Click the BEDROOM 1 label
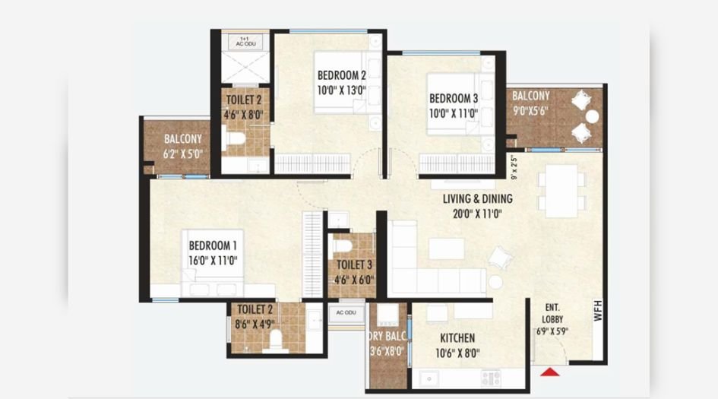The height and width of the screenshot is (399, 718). tap(214, 245)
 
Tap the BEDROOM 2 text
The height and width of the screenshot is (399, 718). tap(342, 75)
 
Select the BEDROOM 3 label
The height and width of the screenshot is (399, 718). tap(454, 99)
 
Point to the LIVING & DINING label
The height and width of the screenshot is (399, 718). tap(477, 199)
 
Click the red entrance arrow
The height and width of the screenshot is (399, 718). tap(548, 372)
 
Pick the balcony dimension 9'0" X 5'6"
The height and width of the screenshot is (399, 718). tap(530, 109)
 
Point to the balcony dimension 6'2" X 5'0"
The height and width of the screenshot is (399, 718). tap(183, 154)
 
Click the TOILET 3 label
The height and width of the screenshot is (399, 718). tap(354, 264)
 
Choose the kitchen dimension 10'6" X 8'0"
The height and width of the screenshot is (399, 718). tap(457, 353)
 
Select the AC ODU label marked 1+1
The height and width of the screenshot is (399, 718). tap(245, 42)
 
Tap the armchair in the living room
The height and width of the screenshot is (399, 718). tap(500, 258)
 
